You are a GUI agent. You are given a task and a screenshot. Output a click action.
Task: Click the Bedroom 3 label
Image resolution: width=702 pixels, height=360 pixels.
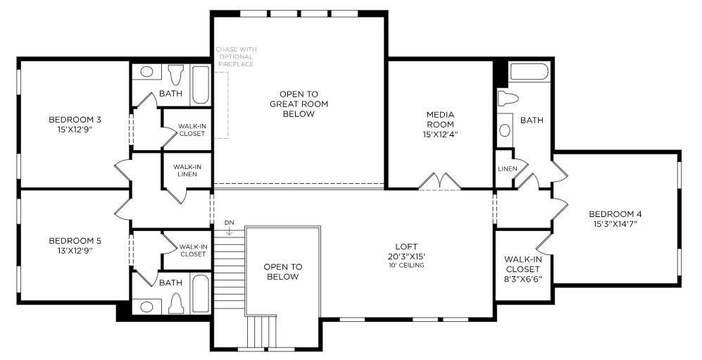tap(74, 118)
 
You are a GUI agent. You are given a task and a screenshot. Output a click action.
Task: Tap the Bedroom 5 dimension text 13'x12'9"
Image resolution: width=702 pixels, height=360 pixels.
tap(74, 250)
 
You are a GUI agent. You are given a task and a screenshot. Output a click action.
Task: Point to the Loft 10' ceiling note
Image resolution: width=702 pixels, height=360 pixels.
tap(406, 266)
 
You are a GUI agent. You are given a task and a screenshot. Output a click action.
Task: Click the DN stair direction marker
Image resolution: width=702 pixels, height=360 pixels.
tap(229, 223)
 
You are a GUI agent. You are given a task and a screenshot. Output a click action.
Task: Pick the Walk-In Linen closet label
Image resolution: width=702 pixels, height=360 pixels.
tap(187, 170)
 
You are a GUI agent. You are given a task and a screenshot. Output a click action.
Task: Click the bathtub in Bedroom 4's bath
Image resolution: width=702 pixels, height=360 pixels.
tap(529, 73)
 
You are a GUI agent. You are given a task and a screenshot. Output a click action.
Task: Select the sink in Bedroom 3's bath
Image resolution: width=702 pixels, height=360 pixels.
tap(147, 71)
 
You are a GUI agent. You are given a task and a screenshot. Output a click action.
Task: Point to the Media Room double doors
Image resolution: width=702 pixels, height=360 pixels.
tap(440, 182)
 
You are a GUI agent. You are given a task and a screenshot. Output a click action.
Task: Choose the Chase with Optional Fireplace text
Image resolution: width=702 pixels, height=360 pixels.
tap(237, 56)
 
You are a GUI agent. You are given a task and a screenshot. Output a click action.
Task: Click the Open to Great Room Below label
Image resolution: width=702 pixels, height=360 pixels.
tap(299, 104)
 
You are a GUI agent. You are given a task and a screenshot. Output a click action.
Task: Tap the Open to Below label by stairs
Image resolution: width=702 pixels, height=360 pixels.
tap(282, 271)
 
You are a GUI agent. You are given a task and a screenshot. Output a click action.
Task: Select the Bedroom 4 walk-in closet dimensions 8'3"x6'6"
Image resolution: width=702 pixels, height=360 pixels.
tap(523, 278)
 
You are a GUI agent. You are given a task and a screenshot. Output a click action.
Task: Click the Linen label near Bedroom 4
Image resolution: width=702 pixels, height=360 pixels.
tap(507, 169)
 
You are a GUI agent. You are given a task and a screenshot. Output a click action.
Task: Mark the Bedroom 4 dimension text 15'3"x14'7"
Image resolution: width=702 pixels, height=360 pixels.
tap(615, 224)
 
